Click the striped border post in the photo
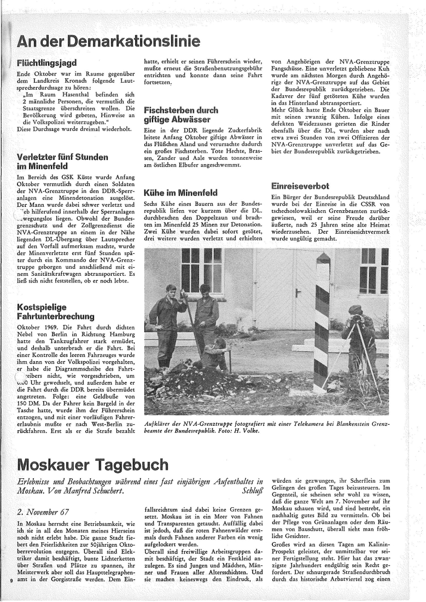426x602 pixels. [x=323, y=323]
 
